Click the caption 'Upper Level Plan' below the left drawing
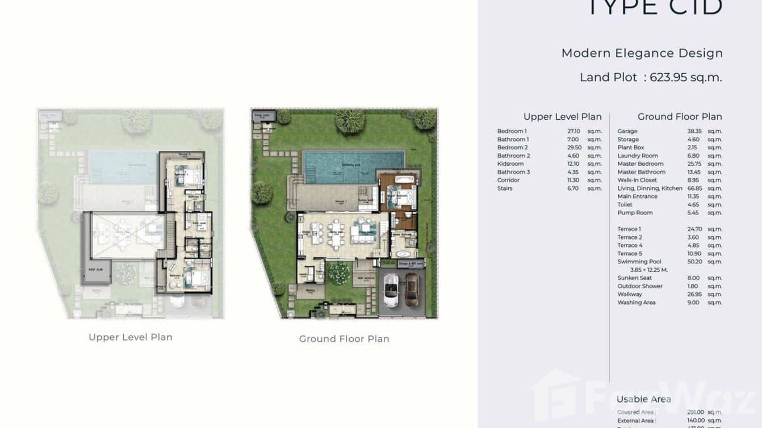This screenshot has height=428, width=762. point(130,337)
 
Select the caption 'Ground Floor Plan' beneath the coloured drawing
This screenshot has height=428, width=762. point(344,339)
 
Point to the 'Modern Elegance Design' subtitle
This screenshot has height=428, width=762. point(642,53)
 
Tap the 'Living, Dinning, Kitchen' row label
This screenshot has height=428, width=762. point(650,188)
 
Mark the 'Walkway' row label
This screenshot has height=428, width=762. point(630,295)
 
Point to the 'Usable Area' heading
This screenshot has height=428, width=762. point(643,399)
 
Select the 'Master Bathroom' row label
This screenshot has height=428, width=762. point(641,172)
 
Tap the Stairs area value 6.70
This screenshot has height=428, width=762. point(572,188)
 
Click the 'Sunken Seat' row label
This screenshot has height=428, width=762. point(634,278)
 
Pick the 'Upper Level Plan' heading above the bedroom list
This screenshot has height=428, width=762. point(562,117)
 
